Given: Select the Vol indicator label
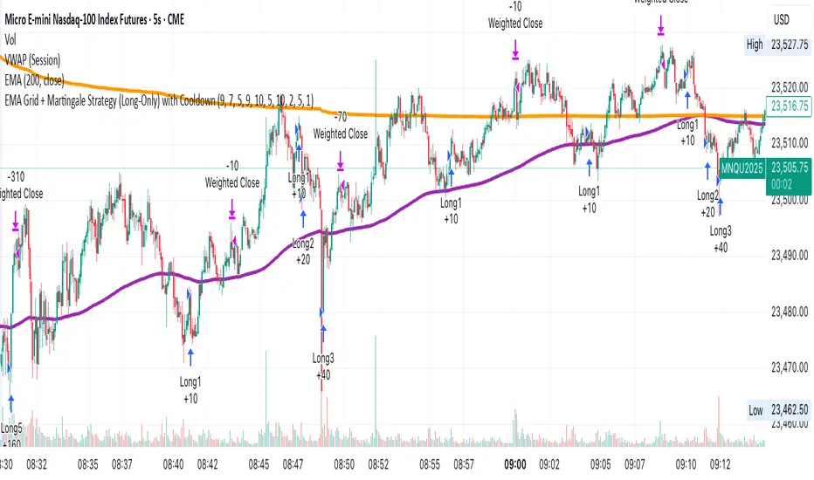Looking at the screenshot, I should point(11,39).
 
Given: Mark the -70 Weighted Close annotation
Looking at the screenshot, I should point(340,126).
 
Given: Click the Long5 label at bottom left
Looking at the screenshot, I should point(11,429).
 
